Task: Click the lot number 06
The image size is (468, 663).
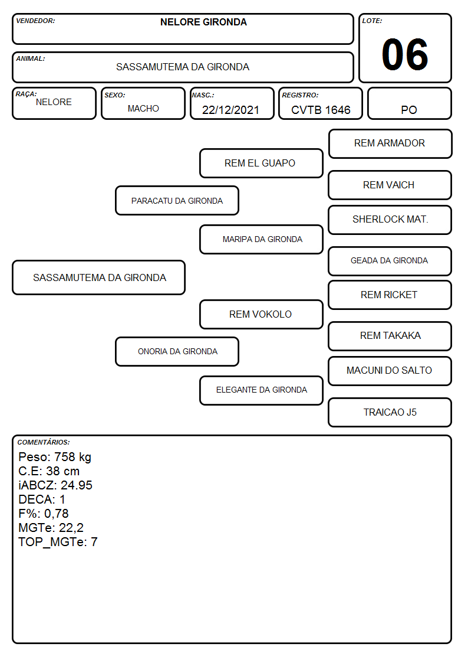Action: (x=405, y=54)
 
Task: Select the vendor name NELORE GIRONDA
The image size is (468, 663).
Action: (x=203, y=22)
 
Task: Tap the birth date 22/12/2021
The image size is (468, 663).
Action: (x=230, y=110)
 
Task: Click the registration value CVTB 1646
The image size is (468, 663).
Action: (x=321, y=110)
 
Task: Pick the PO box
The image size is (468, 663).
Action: (x=409, y=103)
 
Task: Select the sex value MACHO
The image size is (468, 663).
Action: (x=143, y=109)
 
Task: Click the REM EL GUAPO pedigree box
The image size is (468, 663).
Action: (x=261, y=163)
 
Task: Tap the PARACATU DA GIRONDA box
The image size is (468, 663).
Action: (x=177, y=201)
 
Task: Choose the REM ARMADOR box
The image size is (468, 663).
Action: (x=390, y=144)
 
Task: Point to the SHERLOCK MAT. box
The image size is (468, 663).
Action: (x=390, y=220)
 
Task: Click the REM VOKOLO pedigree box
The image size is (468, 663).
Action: (x=261, y=315)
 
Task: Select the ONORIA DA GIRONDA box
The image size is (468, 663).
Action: (x=177, y=352)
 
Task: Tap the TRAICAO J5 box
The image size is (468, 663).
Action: (x=390, y=412)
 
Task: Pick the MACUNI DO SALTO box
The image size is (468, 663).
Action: (x=390, y=371)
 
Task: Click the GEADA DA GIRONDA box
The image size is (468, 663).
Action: (x=390, y=262)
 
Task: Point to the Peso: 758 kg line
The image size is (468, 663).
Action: (x=55, y=457)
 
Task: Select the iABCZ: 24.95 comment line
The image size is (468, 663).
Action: (x=55, y=485)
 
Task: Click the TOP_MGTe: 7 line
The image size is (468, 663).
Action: (x=58, y=542)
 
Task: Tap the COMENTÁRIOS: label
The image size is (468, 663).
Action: (x=44, y=442)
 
